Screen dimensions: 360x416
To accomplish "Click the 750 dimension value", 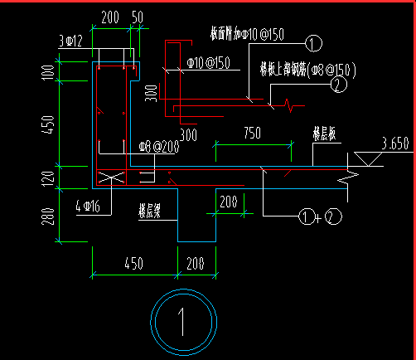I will click(x=253, y=133).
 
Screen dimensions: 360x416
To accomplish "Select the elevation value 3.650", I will click(x=394, y=144).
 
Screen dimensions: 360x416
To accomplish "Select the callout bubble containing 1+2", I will click(x=318, y=217).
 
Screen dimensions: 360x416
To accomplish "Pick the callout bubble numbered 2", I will click(x=337, y=83).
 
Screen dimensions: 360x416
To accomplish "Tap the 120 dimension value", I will click(x=46, y=176).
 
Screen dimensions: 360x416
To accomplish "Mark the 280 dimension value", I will click(x=46, y=217).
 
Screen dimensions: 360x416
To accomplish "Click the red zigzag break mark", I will click(x=287, y=105).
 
